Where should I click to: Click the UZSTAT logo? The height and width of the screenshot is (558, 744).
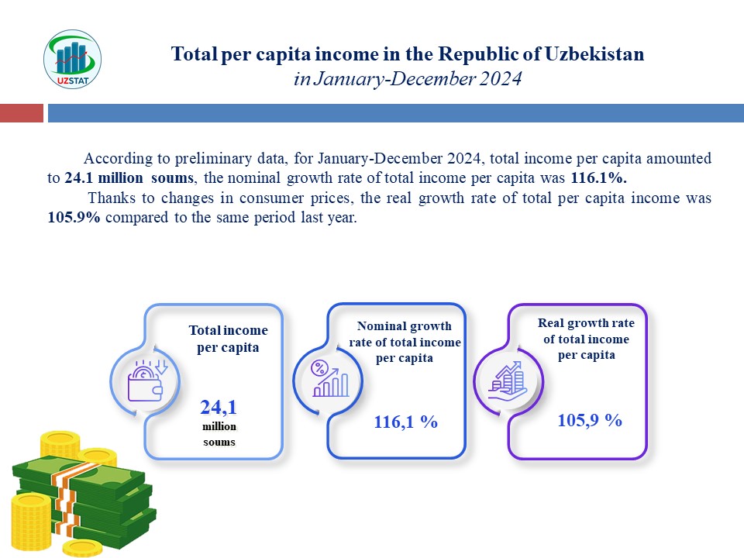72,60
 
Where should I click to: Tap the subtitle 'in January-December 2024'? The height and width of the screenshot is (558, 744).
408,79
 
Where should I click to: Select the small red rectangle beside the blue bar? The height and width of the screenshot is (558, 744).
21,114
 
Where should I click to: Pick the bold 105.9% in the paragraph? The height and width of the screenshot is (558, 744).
74,218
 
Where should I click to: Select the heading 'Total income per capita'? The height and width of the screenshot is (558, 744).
227,339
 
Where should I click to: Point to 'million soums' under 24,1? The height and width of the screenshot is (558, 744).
219,434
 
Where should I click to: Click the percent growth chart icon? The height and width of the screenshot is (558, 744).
329,380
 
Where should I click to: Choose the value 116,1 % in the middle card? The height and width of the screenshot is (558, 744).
406,422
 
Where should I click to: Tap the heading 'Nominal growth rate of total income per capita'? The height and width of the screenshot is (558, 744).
405,342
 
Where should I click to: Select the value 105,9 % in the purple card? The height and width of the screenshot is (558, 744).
590,420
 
